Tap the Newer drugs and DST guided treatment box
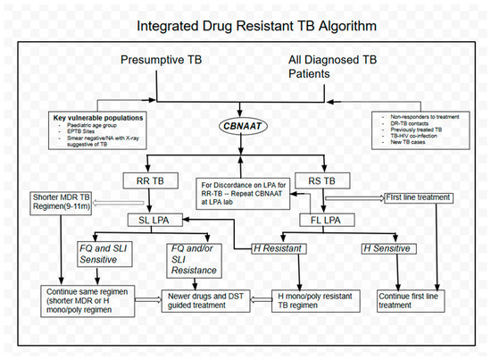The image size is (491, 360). (208, 298)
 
